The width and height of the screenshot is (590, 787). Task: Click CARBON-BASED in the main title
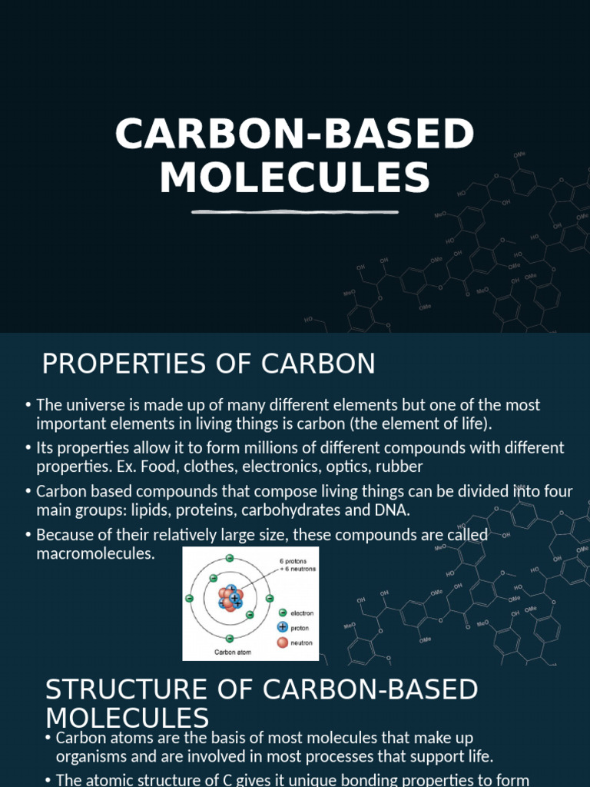294,134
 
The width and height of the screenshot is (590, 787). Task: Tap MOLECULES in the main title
294,178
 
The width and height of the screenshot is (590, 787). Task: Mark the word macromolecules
95,553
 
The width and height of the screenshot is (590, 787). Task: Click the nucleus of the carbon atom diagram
230,598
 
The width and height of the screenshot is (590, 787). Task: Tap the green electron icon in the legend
282,613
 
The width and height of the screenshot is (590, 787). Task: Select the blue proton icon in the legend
282,627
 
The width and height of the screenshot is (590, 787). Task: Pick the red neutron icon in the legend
282,642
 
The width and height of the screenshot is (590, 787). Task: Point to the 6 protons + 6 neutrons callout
297,565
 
